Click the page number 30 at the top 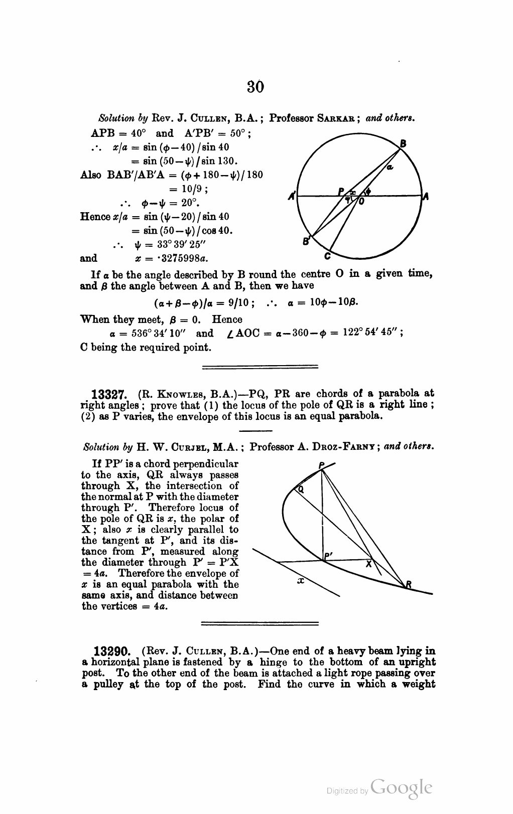[255, 87]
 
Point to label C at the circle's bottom [327, 257]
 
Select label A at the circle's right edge [425, 197]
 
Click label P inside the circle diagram [341, 191]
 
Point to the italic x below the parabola [301, 581]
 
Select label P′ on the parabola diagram [329, 555]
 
